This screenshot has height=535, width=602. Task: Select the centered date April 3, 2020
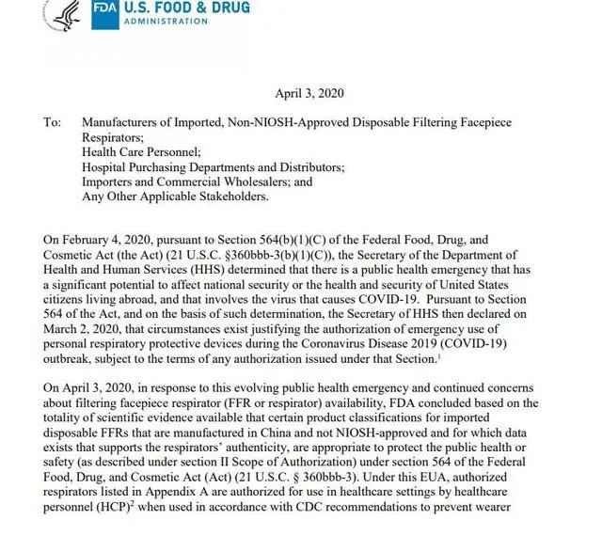click(309, 93)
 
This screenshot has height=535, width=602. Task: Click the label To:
click(52, 122)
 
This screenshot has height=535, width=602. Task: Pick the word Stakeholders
click(234, 197)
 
